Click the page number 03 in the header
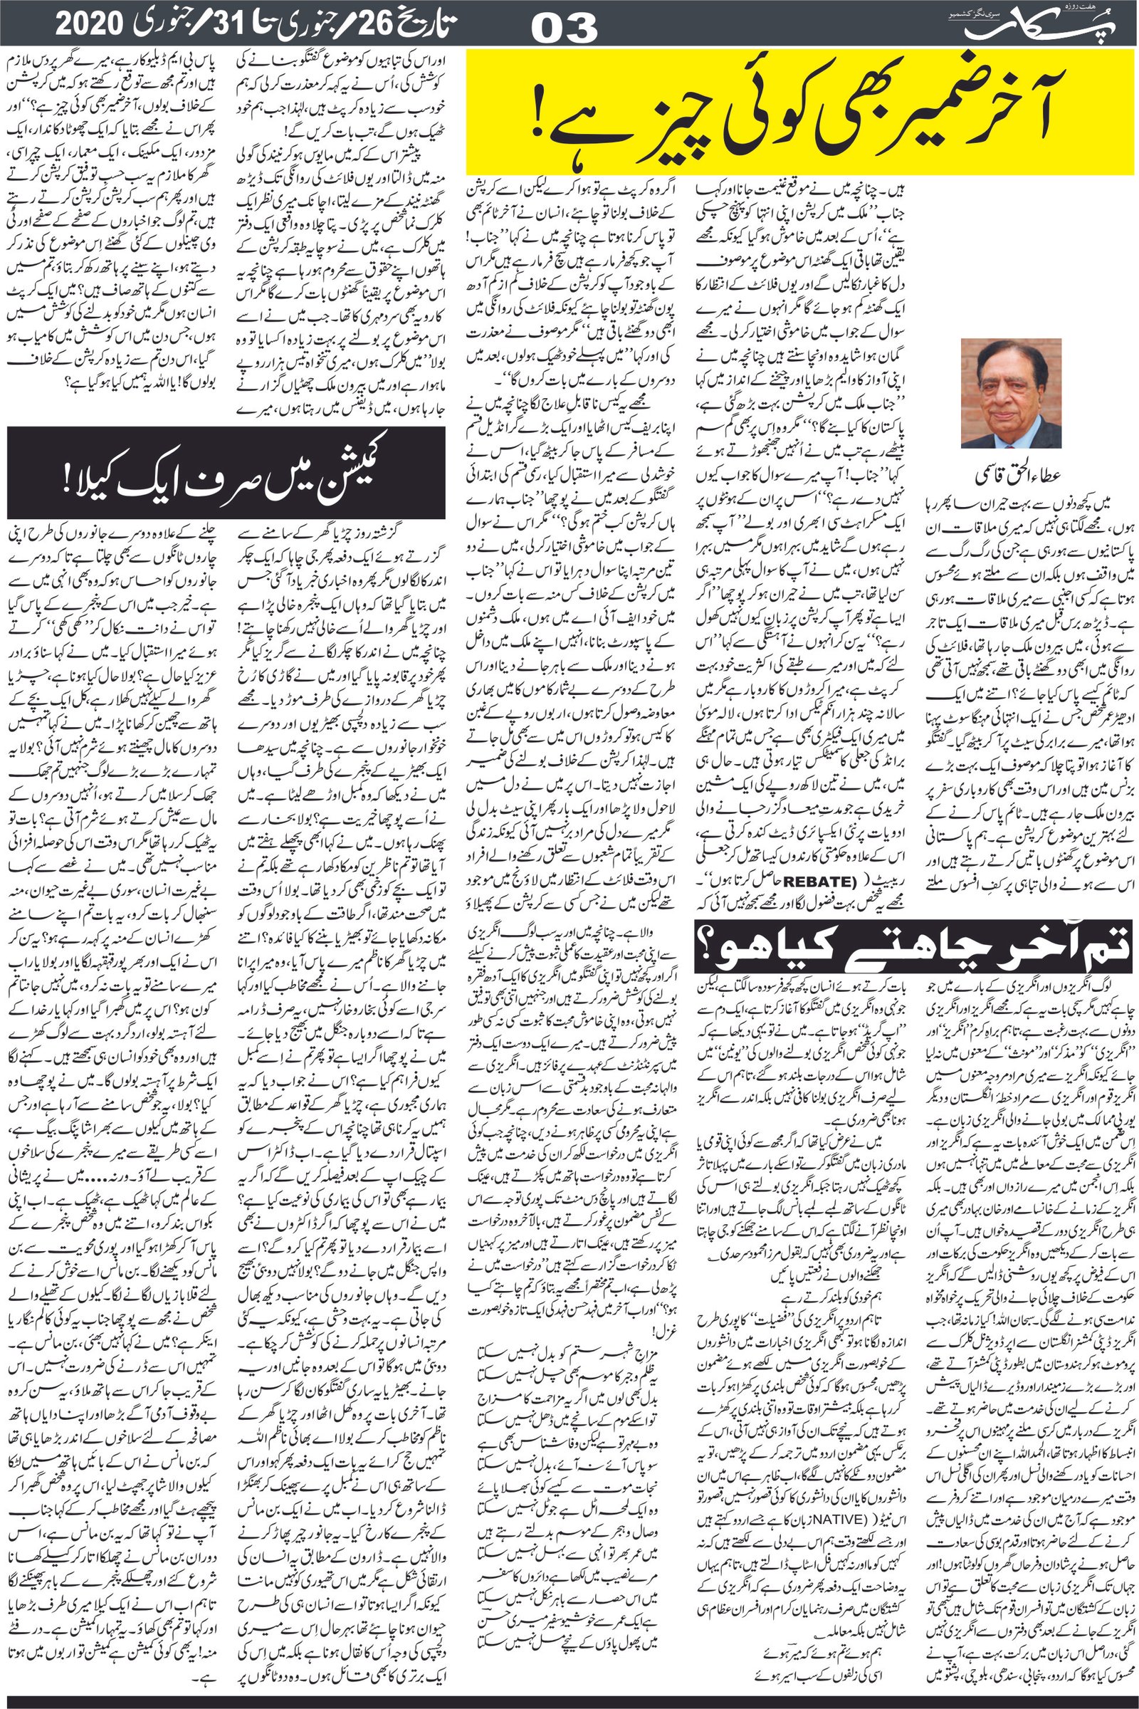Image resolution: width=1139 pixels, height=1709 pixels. [x=565, y=28]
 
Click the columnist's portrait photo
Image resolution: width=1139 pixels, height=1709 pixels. [x=1010, y=393]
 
